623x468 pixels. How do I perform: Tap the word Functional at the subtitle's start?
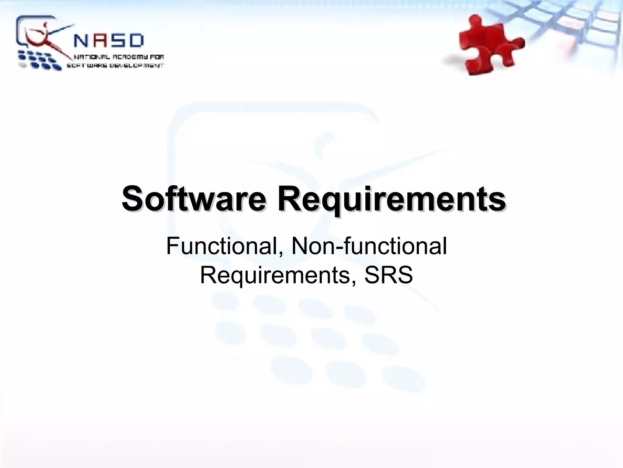pyautogui.click(x=224, y=247)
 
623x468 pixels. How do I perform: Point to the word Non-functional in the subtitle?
pyautogui.click(x=369, y=247)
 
